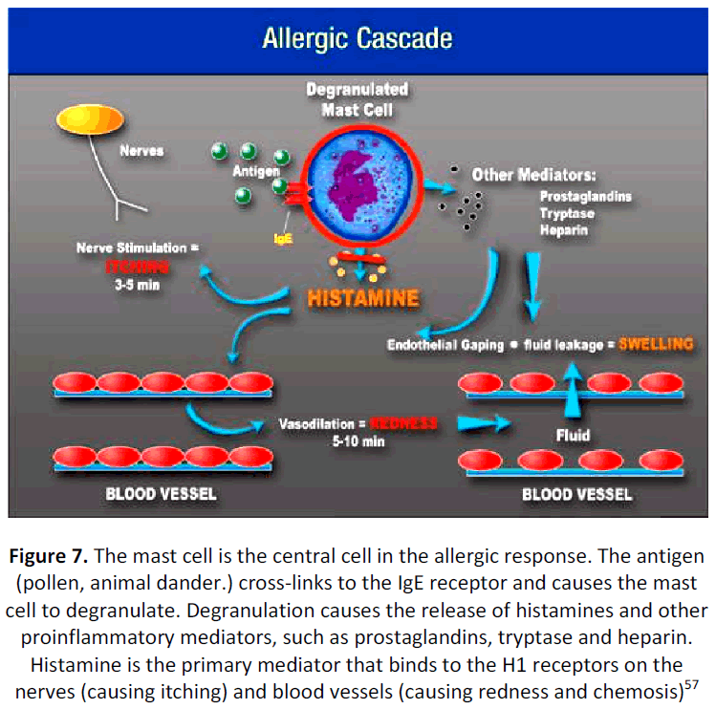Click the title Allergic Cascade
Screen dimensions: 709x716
pos(358,40)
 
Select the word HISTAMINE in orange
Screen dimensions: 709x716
pos(363,298)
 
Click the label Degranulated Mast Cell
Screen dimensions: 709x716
pos(357,98)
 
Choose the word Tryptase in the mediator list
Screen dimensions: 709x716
pos(566,213)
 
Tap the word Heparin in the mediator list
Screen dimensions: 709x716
pos(563,230)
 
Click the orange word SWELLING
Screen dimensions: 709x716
pos(655,344)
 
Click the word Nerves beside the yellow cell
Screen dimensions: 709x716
pos(141,150)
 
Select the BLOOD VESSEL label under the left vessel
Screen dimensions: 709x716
pos(161,494)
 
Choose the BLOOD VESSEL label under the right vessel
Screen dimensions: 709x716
pos(576,495)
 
